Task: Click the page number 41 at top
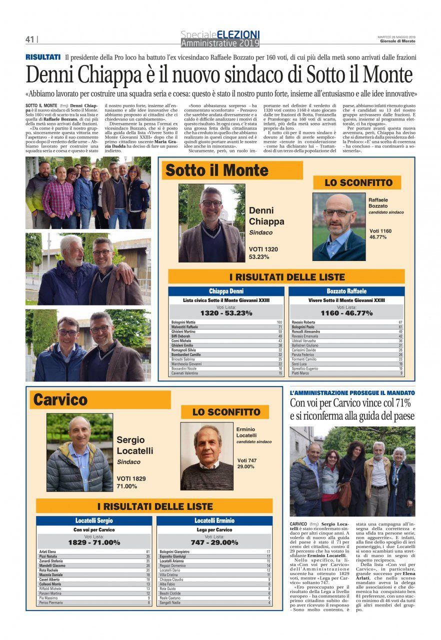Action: click(x=29, y=39)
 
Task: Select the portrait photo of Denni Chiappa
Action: click(x=211, y=223)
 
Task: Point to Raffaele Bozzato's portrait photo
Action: click(x=338, y=226)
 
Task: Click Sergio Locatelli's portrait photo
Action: click(x=79, y=452)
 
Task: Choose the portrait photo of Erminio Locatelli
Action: click(x=206, y=457)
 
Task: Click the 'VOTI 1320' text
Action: click(x=263, y=249)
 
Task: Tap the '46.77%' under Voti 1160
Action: click(x=378, y=237)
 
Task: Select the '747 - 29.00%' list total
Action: click(x=214, y=542)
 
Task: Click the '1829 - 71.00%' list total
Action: click(x=94, y=542)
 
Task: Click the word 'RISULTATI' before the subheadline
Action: click(x=43, y=57)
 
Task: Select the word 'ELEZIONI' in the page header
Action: click(x=238, y=34)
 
